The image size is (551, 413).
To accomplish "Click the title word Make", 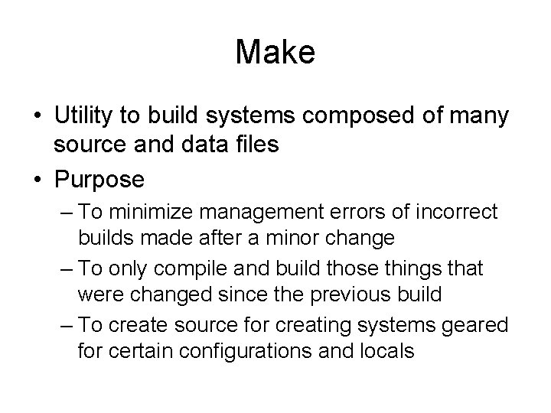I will (275, 53).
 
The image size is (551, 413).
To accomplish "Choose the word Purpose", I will (99, 180).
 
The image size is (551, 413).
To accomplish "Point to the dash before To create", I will (67, 325).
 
